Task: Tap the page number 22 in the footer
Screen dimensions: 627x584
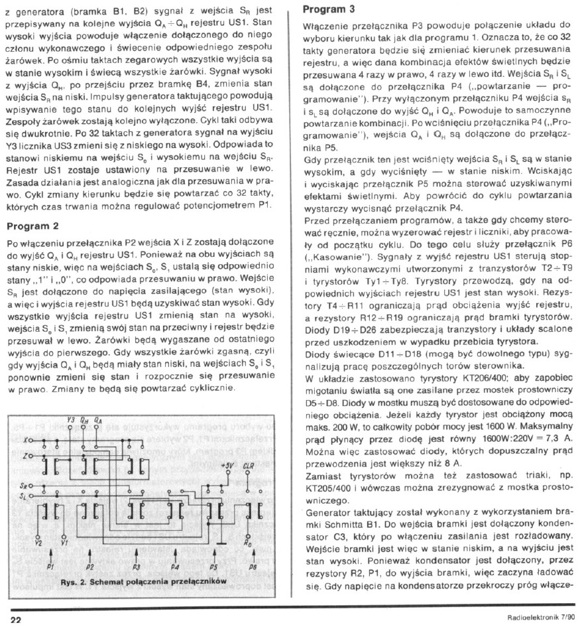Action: coord(16,619)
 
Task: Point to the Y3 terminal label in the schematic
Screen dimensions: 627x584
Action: coord(72,419)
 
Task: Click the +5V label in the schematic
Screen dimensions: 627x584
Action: coord(227,464)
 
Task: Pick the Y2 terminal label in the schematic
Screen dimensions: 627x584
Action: coord(38,543)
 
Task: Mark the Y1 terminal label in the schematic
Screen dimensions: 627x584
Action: coord(64,543)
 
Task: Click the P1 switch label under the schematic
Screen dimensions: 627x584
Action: coord(50,568)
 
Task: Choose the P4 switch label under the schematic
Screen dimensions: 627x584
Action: coord(174,568)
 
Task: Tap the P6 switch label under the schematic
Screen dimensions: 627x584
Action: coord(252,568)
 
